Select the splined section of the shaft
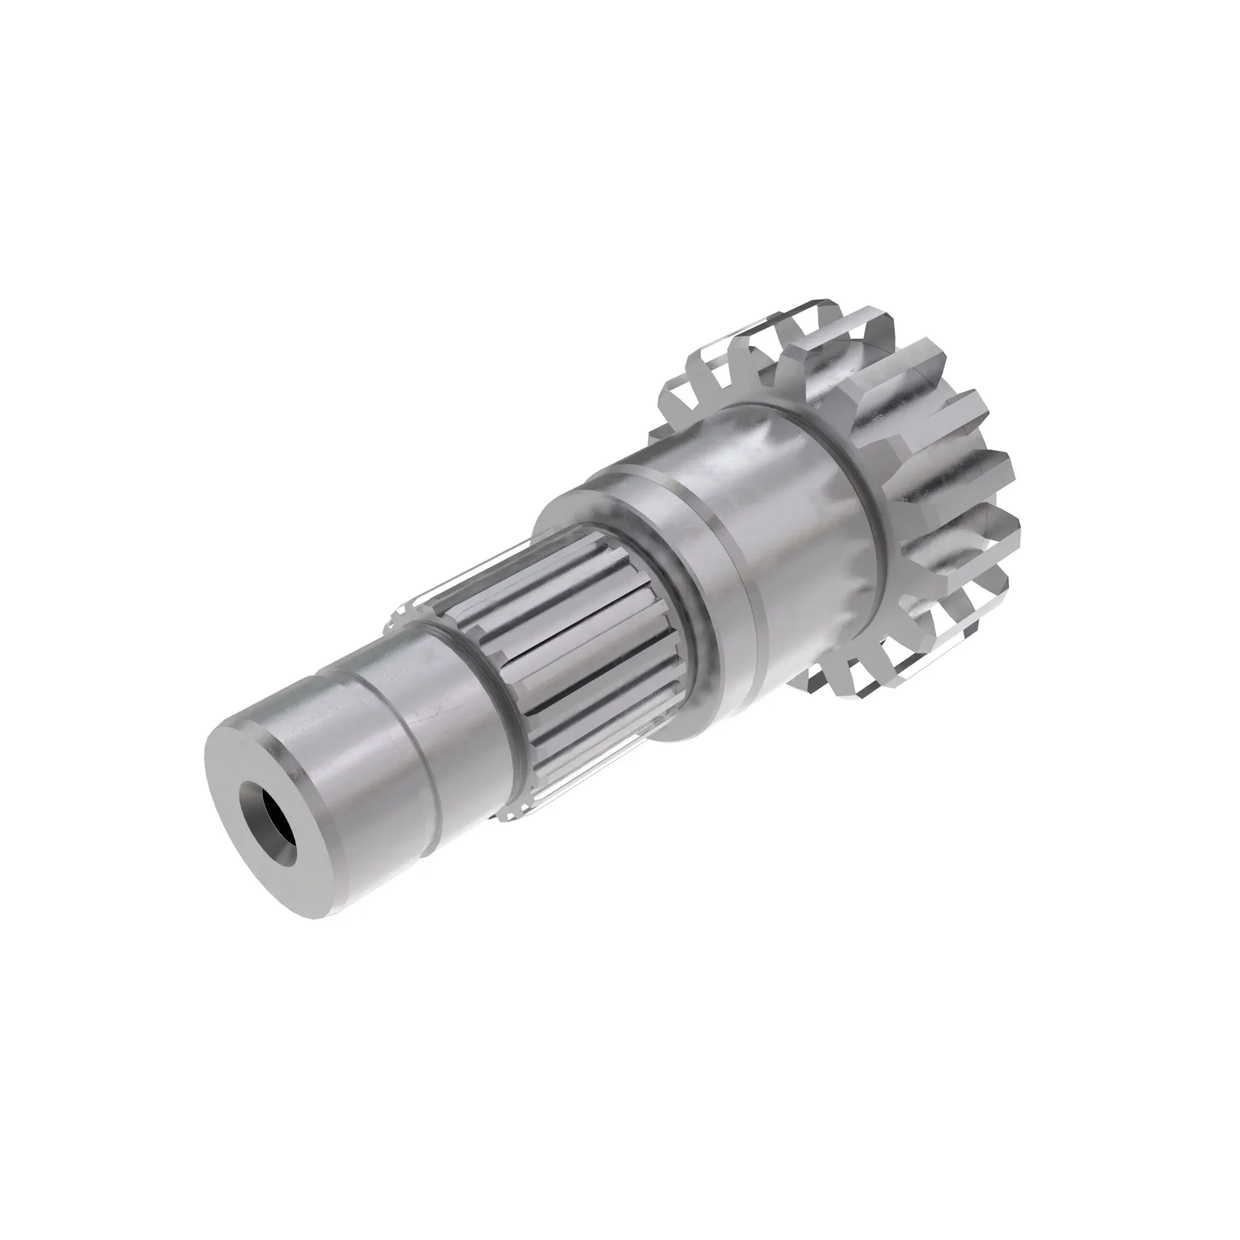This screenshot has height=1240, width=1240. (578, 642)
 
